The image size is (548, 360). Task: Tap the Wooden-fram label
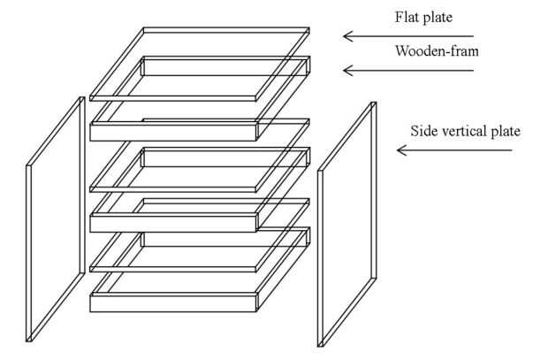[437, 51]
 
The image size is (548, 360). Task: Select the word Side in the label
[423, 131]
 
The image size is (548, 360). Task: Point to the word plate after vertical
[506, 132]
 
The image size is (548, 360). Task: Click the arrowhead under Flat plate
[348, 36]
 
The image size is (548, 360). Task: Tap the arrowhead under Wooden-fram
[348, 71]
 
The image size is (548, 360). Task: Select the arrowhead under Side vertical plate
[402, 150]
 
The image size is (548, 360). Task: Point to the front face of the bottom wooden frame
[173, 303]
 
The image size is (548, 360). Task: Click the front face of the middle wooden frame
[173, 224]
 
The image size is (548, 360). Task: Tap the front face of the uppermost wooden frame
[173, 133]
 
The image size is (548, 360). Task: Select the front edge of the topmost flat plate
[173, 98]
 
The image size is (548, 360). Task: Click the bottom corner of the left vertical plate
[28, 341]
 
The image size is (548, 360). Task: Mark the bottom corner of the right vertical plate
[320, 347]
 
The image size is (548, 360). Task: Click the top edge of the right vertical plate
[374, 103]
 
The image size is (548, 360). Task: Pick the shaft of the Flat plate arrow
[408, 36]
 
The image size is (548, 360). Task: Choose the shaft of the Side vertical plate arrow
[454, 150]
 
